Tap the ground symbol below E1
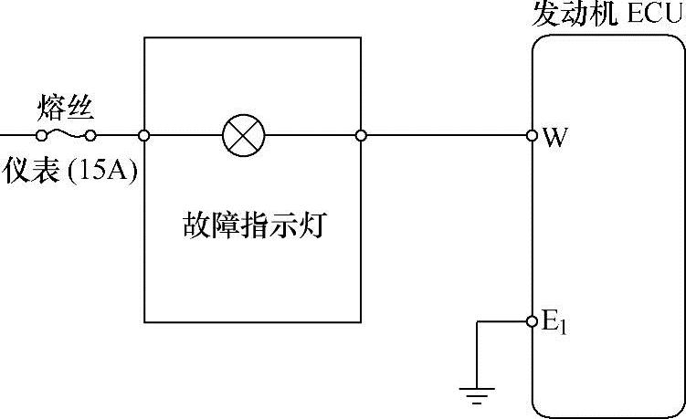click(x=476, y=393)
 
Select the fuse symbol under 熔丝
click(x=66, y=136)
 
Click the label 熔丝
click(x=66, y=108)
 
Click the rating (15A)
click(x=101, y=171)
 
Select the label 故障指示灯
click(x=253, y=225)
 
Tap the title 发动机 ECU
click(x=607, y=16)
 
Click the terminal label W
click(x=553, y=138)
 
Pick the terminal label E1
click(x=554, y=323)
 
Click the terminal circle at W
click(x=533, y=136)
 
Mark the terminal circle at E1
click(x=533, y=321)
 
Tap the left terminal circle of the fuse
click(x=41, y=136)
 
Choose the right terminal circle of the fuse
click(x=90, y=136)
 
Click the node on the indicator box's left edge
click(x=144, y=136)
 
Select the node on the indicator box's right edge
click(x=362, y=136)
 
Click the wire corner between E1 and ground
click(x=476, y=321)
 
